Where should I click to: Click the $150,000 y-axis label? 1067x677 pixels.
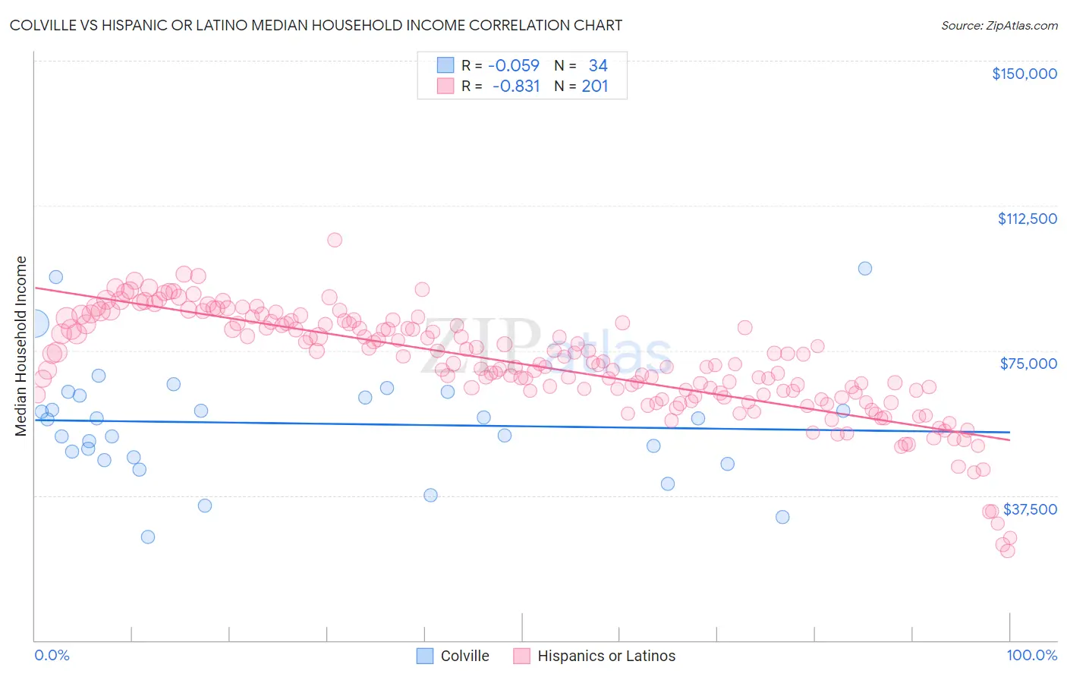[1024, 74]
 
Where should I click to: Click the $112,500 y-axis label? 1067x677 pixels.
[1027, 219]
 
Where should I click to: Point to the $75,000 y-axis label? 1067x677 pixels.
[1028, 364]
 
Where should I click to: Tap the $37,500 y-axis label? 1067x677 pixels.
[1030, 509]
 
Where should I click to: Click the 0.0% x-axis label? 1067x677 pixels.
[52, 655]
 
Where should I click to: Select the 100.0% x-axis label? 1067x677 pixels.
[1031, 655]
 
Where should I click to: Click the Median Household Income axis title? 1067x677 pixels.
[21, 346]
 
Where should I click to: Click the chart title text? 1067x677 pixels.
[316, 26]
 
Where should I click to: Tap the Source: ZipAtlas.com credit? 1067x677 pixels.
[999, 26]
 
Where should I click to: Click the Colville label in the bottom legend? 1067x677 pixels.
[464, 656]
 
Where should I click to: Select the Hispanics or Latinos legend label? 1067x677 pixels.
[606, 656]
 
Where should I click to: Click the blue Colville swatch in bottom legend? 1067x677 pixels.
[425, 656]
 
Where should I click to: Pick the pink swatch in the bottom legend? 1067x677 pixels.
[521, 656]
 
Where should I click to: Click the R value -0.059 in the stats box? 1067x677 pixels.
[514, 65]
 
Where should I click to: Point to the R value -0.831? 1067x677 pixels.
[516, 86]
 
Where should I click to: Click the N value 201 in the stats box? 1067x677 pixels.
[595, 86]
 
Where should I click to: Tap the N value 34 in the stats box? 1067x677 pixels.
[598, 65]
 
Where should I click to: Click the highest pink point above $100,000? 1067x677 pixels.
[335, 240]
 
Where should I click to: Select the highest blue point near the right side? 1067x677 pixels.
[864, 269]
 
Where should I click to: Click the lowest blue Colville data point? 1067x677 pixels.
[148, 537]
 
